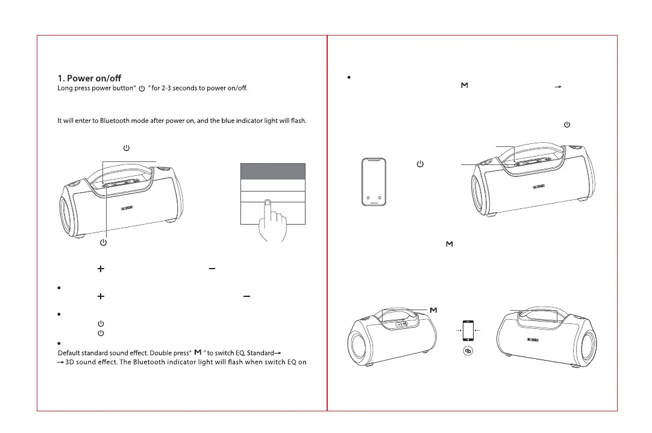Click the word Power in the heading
tap(84, 78)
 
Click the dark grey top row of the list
tap(273, 170)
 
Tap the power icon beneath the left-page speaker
tap(103, 242)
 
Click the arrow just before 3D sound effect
tap(60, 363)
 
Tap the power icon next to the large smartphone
tap(420, 164)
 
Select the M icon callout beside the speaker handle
tap(433, 310)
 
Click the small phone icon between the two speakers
tap(467, 330)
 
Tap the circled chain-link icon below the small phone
tap(467, 350)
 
